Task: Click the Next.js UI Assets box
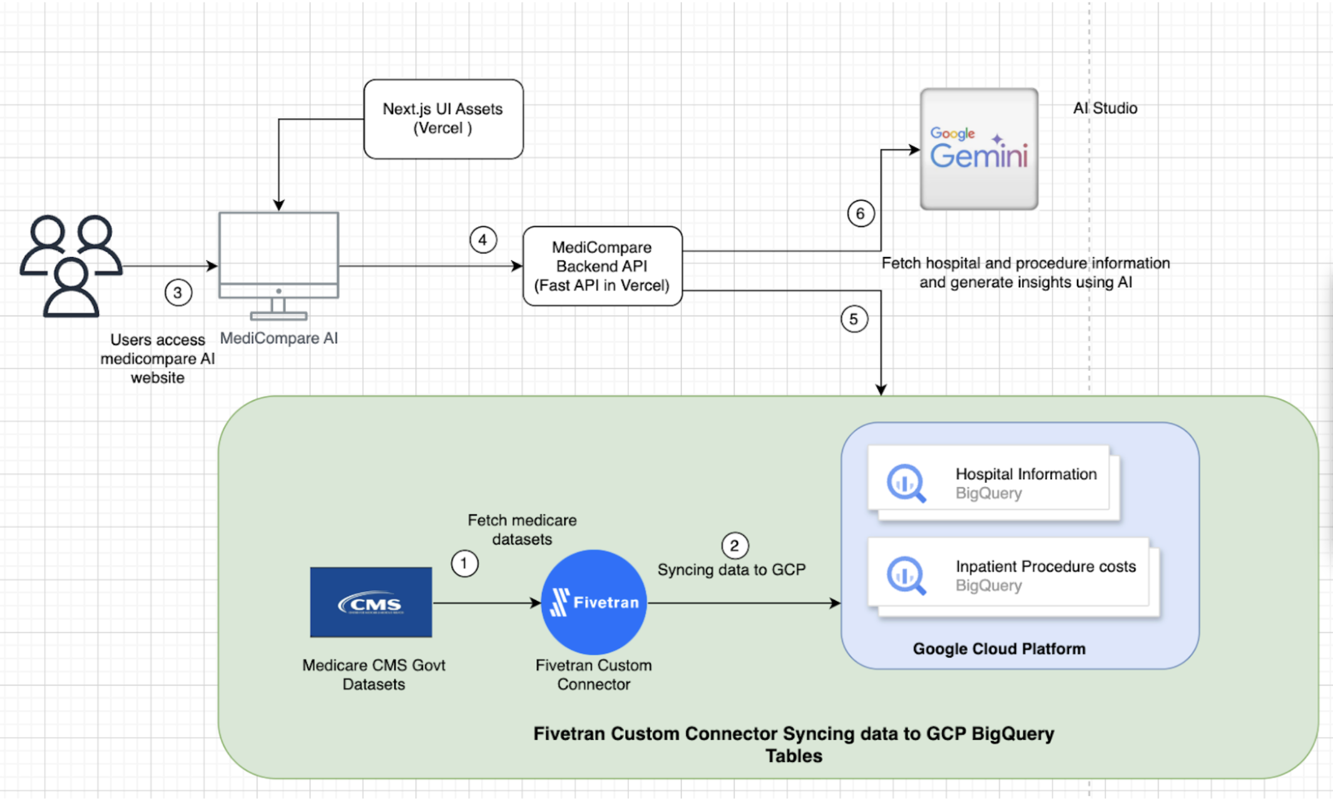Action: [443, 119]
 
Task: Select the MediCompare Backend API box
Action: [602, 266]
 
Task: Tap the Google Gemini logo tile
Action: [979, 149]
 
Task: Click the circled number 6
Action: [861, 214]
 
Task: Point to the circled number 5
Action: [854, 320]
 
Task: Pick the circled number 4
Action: [483, 240]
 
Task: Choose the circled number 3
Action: [178, 293]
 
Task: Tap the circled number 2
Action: [735, 546]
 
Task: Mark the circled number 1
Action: [464, 564]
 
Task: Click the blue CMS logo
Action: [371, 602]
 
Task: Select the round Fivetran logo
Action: [593, 602]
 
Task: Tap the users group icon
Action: [71, 265]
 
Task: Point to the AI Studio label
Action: [1105, 108]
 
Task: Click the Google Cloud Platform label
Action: [999, 649]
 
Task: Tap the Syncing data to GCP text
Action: [731, 570]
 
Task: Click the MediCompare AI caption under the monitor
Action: [278, 338]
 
